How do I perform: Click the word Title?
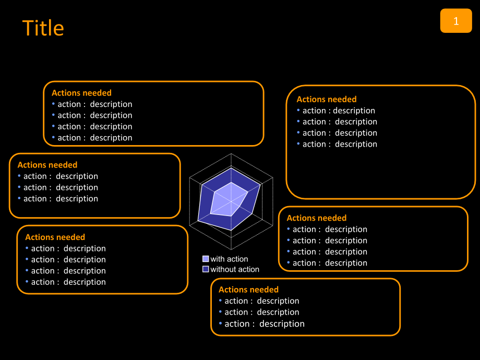click(43, 28)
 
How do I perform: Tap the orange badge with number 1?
click(456, 21)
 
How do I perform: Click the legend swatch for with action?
click(206, 259)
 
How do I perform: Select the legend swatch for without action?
click(206, 269)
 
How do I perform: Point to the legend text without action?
click(235, 269)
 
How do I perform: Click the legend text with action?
click(229, 259)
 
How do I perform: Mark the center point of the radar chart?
click(231, 202)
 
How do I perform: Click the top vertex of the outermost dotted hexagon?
click(231, 153)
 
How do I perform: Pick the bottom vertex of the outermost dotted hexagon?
click(231, 250)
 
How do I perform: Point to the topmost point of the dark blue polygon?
click(231, 167)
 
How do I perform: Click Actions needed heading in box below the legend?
click(248, 290)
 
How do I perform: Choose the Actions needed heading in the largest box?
click(327, 99)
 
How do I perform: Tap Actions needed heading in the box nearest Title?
click(81, 93)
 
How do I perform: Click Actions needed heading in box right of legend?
click(316, 218)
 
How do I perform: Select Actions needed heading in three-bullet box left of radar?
click(47, 165)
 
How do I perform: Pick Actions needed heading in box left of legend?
click(55, 237)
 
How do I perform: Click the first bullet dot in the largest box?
click(298, 111)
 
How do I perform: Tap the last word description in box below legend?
click(282, 324)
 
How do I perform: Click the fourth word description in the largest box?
click(356, 144)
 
